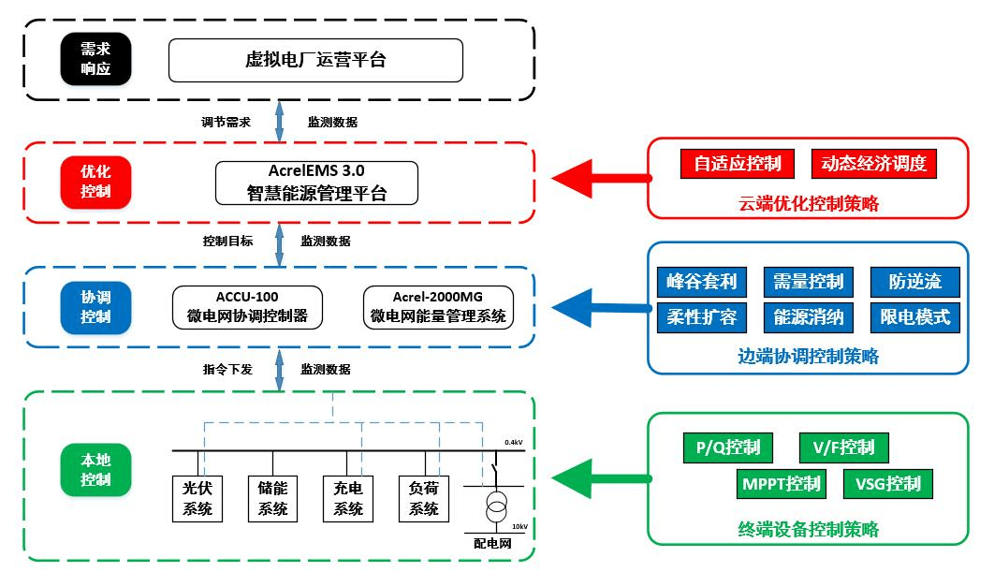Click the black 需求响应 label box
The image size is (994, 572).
tap(95, 60)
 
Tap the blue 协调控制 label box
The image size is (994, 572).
tap(95, 307)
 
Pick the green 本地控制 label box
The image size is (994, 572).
tap(95, 470)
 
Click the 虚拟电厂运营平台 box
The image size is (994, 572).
tap(315, 60)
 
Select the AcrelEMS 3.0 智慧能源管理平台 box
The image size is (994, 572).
tap(315, 183)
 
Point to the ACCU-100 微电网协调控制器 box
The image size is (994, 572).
tap(248, 307)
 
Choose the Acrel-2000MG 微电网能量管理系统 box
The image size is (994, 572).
tap(438, 307)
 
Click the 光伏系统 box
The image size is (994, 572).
tap(197, 498)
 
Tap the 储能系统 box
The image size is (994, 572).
tap(272, 498)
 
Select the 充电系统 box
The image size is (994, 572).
tap(347, 498)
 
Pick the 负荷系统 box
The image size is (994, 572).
tap(424, 498)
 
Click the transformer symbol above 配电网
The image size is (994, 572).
tap(495, 510)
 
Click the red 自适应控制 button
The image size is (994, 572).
tap(738, 164)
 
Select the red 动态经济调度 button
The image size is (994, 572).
tap(873, 164)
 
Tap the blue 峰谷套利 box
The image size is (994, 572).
tap(702, 282)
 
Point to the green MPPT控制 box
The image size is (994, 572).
tap(782, 484)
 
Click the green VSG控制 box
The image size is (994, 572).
tap(888, 484)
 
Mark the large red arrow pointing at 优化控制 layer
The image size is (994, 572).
tap(599, 176)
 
